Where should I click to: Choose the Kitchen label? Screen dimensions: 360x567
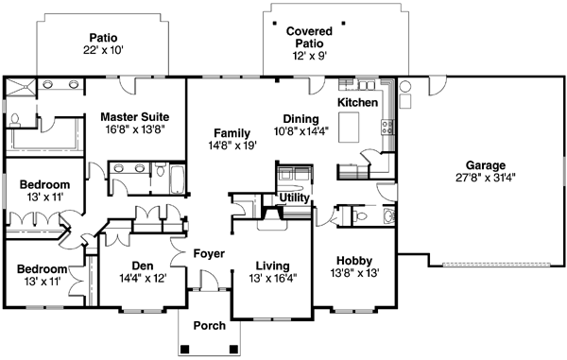(x=357, y=102)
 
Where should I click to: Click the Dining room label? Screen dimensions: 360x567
(x=299, y=119)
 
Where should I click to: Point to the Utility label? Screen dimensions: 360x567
(x=294, y=197)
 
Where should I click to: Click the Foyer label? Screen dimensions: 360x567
(x=208, y=254)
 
